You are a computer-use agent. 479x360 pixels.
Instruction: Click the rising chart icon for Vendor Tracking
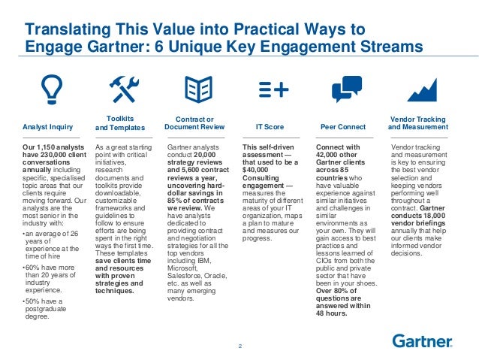click(x=422, y=89)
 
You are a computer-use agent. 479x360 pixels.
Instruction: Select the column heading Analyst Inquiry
click(x=49, y=127)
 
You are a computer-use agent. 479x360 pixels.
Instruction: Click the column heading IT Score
click(x=270, y=127)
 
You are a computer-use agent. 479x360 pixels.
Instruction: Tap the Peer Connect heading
click(x=342, y=127)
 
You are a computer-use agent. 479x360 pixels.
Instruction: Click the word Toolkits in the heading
click(x=120, y=118)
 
